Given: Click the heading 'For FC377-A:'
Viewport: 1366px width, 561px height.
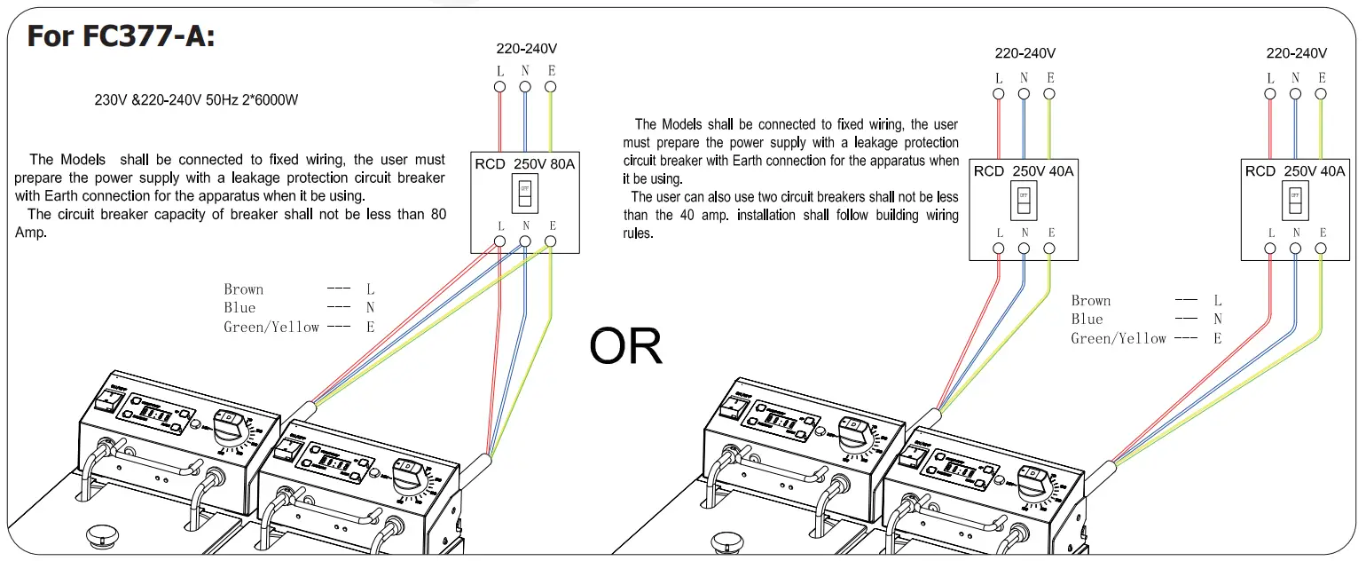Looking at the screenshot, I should click(x=121, y=36).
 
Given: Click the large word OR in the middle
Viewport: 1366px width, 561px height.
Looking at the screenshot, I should click(x=625, y=347).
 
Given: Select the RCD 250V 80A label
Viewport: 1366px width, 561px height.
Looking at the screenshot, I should click(x=524, y=164).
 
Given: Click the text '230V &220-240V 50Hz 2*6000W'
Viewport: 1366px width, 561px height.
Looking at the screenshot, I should click(x=196, y=100).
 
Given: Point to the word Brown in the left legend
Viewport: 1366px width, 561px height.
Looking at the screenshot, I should click(x=243, y=289).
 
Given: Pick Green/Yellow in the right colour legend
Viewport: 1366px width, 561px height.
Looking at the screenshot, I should click(x=1118, y=338).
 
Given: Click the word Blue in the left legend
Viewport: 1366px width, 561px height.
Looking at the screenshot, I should click(x=239, y=308).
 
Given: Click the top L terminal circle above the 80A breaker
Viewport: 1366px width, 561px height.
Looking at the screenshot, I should click(x=500, y=87).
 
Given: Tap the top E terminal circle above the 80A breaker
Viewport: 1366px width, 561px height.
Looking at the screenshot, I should click(x=550, y=87).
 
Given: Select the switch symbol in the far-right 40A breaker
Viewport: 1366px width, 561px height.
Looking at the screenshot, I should click(x=1294, y=201).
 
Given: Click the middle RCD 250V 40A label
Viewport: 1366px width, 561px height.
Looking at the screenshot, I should click(x=1023, y=170).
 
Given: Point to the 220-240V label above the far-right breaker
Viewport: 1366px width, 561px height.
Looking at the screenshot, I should click(x=1296, y=53).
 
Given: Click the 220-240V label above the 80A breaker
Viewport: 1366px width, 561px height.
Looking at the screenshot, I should click(x=527, y=49).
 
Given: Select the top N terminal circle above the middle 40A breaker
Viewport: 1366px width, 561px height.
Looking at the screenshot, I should click(x=1024, y=93).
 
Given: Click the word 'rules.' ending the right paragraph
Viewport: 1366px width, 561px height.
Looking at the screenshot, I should click(x=638, y=233).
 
